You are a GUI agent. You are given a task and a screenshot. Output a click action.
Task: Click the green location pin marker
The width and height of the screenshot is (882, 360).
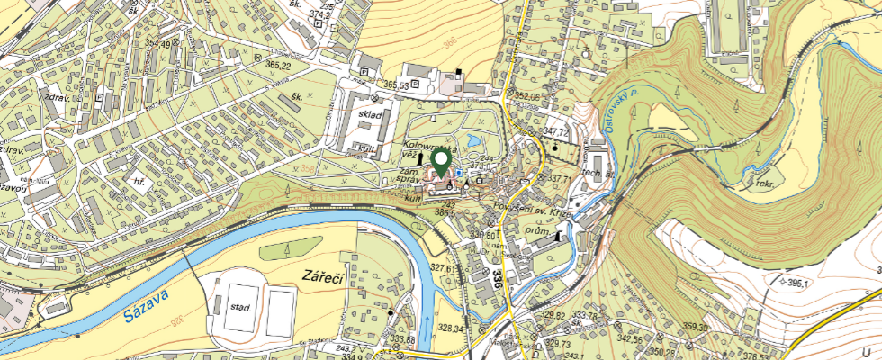pyautogui.click(x=441, y=162)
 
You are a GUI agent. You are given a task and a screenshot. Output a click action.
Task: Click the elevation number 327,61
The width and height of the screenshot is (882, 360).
pyautogui.click(x=446, y=267)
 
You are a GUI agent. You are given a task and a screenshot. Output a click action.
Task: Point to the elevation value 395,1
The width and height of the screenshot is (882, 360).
pyautogui.click(x=798, y=283)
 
